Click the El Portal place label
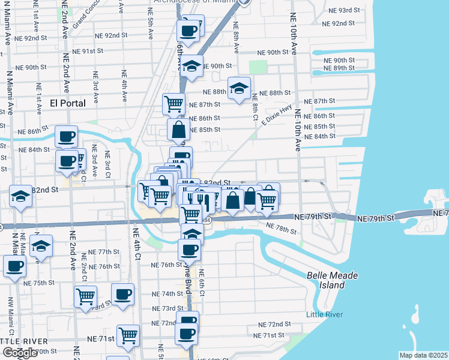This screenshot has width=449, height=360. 67,103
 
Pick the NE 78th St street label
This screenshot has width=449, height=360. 282,229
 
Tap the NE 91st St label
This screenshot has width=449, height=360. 88,52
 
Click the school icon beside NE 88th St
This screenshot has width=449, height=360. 239,89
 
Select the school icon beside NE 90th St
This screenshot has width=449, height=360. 191,66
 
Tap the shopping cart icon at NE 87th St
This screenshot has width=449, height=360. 173,103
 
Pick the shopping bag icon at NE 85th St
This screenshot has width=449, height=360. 179,128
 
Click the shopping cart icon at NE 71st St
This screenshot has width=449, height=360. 128,336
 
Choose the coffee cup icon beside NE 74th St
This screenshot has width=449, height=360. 122,294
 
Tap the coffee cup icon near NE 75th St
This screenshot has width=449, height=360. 14,266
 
